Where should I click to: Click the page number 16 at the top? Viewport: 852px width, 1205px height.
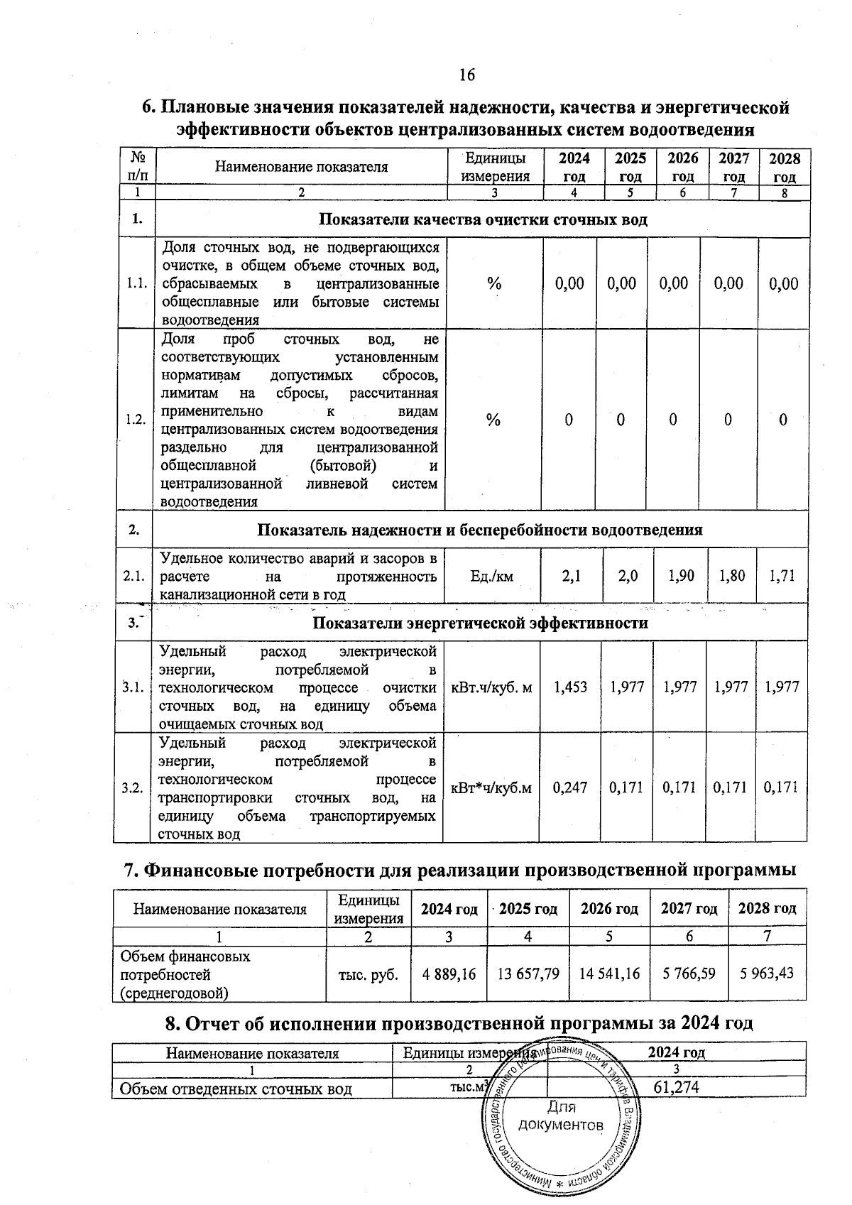coord(466,75)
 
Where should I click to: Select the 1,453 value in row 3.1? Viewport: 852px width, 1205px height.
coord(570,687)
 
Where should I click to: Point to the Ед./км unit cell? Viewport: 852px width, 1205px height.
coord(491,576)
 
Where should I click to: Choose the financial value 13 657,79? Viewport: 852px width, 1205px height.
coord(528,972)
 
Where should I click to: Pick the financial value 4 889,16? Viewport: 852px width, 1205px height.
coord(449,972)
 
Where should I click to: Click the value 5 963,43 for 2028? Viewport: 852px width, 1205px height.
coord(767,972)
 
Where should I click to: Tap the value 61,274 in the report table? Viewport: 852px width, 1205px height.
coord(676,1086)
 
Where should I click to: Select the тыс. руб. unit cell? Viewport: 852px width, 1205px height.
coord(368,972)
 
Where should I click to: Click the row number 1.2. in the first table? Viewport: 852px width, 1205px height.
coord(135,419)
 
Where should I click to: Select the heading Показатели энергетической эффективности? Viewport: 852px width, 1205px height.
coord(481,623)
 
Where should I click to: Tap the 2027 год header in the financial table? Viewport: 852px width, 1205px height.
coord(689,908)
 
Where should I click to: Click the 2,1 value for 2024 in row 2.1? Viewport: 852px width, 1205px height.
coord(572,575)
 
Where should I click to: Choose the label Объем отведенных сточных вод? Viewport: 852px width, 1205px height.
coord(236,1088)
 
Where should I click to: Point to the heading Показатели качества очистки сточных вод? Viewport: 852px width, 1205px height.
coord(483,219)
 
